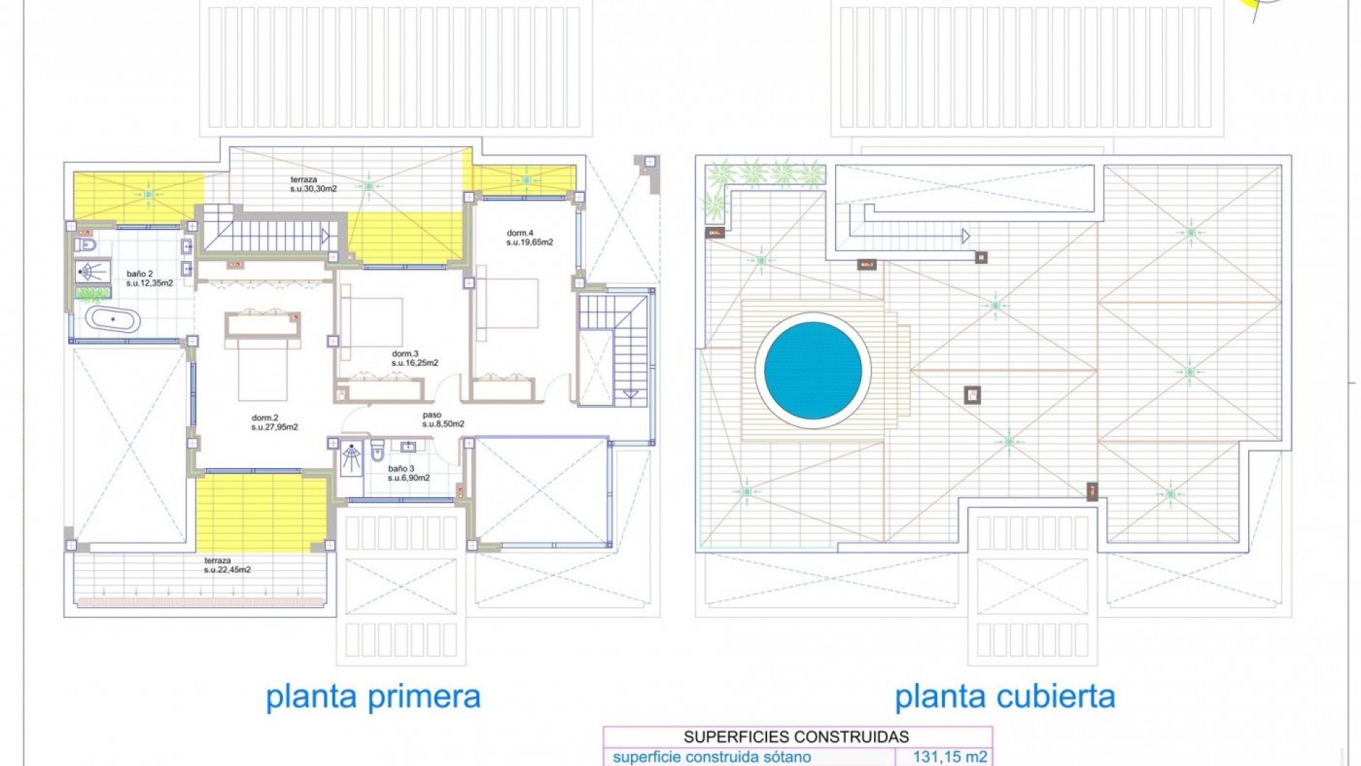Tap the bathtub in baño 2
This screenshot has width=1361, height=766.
tap(113, 319)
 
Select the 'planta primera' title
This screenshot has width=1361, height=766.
tap(373, 696)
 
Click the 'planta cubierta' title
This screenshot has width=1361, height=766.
tap(1004, 696)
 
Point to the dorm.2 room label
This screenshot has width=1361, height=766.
tap(274, 423)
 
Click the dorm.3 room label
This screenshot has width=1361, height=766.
tap(415, 358)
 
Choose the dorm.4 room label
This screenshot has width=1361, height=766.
tap(530, 238)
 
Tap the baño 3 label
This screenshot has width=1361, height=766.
tap(408, 473)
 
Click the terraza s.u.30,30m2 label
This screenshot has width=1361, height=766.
tap(313, 184)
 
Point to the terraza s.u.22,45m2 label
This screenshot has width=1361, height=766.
tap(227, 565)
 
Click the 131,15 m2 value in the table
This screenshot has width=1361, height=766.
tap(950, 757)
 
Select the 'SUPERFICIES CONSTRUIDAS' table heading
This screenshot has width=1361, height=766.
tap(796, 737)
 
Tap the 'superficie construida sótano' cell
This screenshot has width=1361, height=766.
tap(712, 757)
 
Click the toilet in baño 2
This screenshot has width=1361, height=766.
tap(86, 245)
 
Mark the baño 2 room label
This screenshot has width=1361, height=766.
tap(150, 278)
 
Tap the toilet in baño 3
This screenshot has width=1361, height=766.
tap(377, 450)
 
